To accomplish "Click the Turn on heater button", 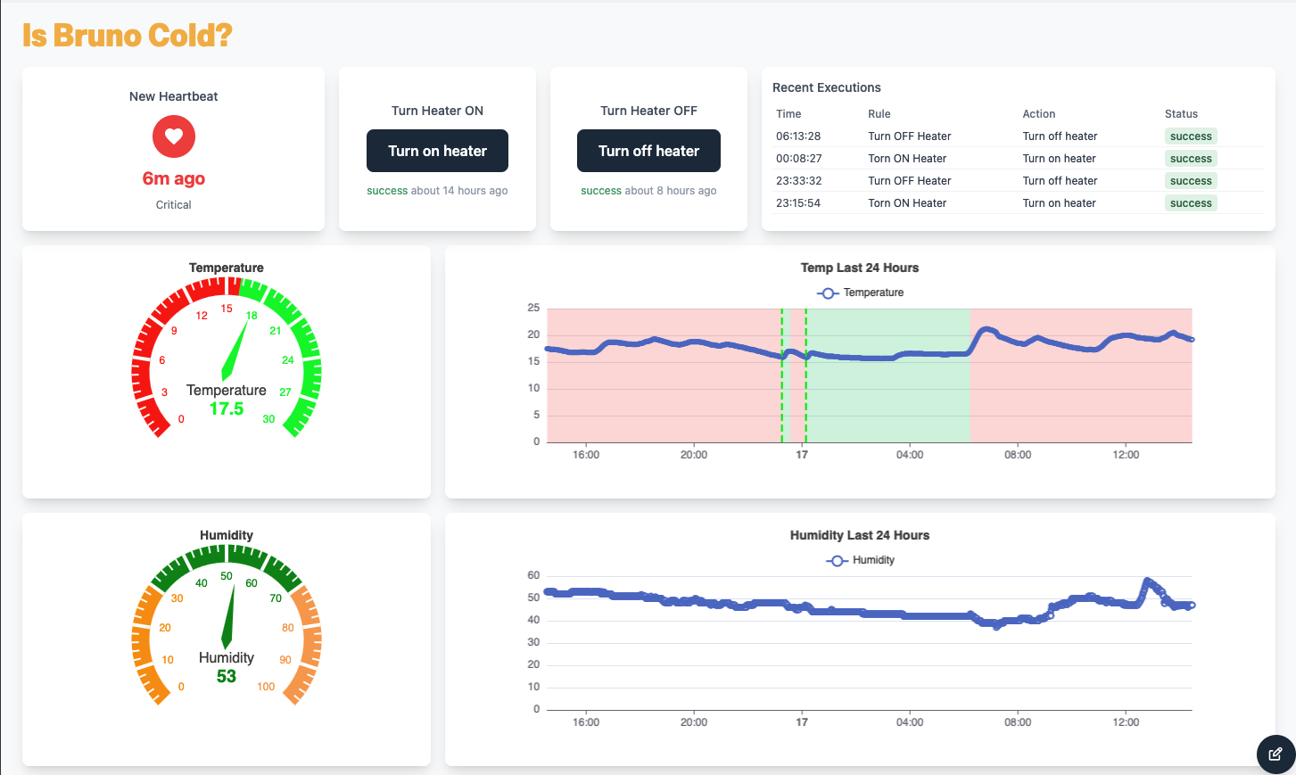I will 437,151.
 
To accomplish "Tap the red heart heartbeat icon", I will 174,136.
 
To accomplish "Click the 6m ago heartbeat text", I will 174,178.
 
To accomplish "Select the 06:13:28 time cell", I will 798,136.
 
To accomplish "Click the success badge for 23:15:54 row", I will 1191,203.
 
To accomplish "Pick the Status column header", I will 1181,114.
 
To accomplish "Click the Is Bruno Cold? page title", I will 128,36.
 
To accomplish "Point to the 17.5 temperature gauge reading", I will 227,408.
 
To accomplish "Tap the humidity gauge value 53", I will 227,676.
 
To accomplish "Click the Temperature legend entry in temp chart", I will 861,293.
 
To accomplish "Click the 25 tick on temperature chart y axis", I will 533,308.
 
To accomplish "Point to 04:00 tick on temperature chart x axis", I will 910,455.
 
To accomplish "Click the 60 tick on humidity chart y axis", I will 533,575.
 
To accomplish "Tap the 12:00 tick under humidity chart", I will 1126,722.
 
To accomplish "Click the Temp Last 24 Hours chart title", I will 859,268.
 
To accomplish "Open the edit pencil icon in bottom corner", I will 1275,754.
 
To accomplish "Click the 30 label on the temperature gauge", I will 268,419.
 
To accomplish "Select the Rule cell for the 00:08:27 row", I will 907,159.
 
